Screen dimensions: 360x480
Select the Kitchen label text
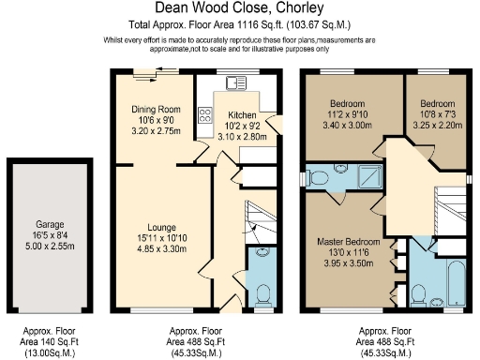[x=242, y=115]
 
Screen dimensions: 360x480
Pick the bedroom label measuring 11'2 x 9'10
[x=347, y=103]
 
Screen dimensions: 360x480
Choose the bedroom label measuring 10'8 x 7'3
[x=437, y=103]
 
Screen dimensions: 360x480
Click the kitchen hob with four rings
[x=205, y=117]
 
